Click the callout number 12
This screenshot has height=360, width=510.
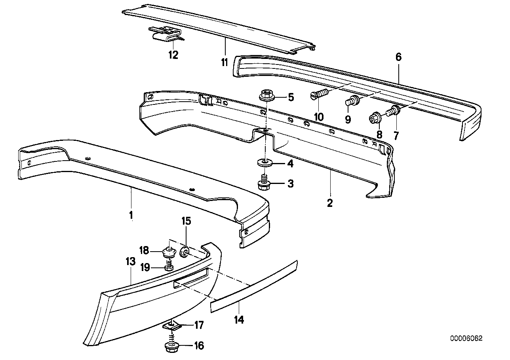click(173, 55)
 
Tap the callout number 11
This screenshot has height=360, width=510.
click(225, 62)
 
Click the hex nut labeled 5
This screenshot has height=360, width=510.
click(267, 96)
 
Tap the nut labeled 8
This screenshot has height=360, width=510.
click(375, 117)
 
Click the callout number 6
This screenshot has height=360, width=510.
click(398, 57)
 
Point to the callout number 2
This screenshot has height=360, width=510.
click(329, 203)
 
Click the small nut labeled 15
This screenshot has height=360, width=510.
click(185, 252)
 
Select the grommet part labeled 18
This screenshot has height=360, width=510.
click(169, 252)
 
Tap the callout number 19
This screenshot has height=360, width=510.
click(145, 268)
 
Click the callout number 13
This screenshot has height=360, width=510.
click(131, 261)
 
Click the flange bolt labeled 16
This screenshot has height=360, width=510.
click(172, 347)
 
